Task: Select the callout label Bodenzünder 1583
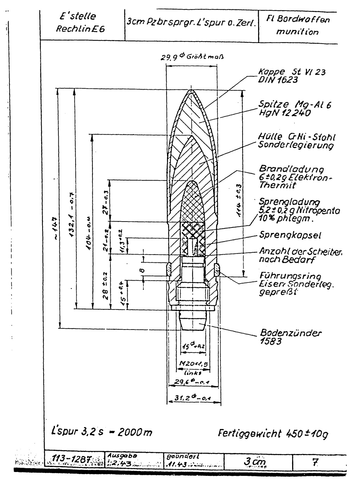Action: coord(290,337)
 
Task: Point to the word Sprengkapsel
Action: coord(290,235)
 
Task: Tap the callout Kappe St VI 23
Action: coord(292,76)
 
